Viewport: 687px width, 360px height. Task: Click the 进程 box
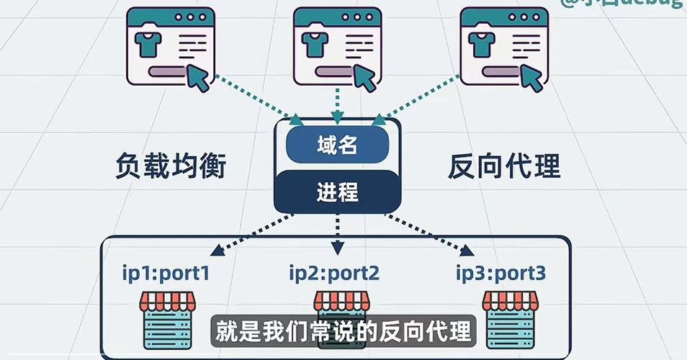click(337, 192)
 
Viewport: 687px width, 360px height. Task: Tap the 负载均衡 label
click(171, 168)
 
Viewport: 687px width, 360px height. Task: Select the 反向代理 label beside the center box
click(504, 168)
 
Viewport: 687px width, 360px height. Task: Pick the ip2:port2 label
click(334, 274)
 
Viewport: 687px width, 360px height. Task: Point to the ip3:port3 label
click(501, 274)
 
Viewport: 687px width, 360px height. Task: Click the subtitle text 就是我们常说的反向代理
click(343, 332)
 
